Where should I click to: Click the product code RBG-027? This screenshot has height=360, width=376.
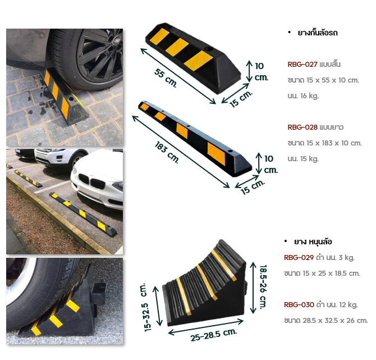pos(302,65)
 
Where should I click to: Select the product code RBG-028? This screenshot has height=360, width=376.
pos(302,127)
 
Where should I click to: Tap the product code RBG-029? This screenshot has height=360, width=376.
pos(299,258)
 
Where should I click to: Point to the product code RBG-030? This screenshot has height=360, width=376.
pos(299,305)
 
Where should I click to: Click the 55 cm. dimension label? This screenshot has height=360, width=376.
pos(166,78)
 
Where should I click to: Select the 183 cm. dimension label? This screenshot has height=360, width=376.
pos(167,152)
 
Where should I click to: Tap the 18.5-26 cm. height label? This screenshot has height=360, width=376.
pos(263,286)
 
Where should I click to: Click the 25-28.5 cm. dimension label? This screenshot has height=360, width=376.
pos(214,335)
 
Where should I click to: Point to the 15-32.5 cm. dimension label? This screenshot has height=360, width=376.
pos(145,307)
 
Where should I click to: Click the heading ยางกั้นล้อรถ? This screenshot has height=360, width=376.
pos(318,33)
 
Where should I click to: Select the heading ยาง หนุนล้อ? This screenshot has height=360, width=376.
pos(313,241)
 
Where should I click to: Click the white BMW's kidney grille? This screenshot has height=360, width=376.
pos(92,181)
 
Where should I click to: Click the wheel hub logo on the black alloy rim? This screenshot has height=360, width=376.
pos(117,41)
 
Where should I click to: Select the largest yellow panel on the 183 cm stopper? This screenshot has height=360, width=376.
pos(217,153)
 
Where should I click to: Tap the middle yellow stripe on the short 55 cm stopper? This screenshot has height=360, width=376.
pos(177,47)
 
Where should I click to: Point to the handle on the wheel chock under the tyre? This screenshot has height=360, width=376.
pos(99,293)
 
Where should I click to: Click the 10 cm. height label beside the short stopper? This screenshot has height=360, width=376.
pos(261,71)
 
